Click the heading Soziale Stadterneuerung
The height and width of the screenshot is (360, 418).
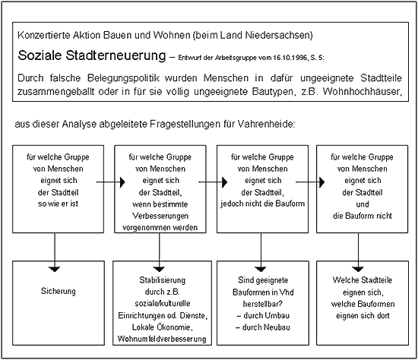[x=92, y=55]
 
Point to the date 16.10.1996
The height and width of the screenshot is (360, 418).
[x=290, y=58]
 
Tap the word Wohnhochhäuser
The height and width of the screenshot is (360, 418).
[x=363, y=91]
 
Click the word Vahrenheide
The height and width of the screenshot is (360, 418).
[x=266, y=124]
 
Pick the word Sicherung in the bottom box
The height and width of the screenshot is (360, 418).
[x=58, y=291]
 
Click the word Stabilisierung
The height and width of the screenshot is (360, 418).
[x=163, y=280]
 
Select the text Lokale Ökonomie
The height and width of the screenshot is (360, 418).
[x=162, y=327]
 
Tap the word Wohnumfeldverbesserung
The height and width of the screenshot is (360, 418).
[x=162, y=339]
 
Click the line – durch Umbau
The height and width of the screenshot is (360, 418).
[x=263, y=315]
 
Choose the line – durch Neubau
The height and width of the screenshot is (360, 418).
[x=263, y=327]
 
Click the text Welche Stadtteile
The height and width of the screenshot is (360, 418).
[x=363, y=280]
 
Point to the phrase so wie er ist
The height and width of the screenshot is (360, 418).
[x=58, y=204]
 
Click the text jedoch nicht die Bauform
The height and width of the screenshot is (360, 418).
[x=263, y=204]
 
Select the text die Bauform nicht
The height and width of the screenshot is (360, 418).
[x=363, y=216]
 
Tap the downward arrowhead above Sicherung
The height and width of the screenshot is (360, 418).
[x=55, y=269]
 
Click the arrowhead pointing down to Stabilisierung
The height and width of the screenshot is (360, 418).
[x=160, y=269]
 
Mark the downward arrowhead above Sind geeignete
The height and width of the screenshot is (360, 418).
[x=261, y=269]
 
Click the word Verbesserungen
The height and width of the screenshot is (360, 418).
[x=160, y=216]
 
